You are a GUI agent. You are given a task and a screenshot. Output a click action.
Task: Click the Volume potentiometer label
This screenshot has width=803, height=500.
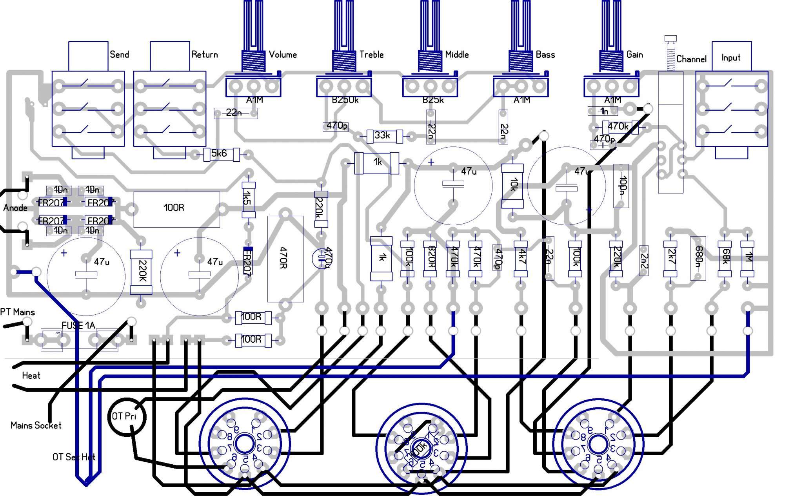[282, 55]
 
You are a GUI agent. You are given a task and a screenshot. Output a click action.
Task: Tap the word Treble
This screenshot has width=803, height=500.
[371, 55]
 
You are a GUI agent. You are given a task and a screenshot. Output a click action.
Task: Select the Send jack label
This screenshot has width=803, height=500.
[119, 55]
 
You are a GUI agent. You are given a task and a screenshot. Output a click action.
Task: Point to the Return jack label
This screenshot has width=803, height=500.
[204, 55]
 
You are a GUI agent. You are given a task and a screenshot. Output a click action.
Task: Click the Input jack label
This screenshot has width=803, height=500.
[731, 58]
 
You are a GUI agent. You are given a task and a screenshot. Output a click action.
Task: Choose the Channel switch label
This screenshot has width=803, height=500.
[691, 59]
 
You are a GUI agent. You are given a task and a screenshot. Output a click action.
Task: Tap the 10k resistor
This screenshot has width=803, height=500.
[512, 186]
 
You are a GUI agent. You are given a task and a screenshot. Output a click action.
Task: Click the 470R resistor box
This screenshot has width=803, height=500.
[285, 259]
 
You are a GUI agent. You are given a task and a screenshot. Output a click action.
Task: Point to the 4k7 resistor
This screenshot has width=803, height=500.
[521, 259]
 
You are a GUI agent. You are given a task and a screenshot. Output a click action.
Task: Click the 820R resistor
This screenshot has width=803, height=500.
[430, 259]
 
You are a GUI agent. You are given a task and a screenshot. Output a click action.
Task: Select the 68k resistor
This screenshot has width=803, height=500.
[725, 259]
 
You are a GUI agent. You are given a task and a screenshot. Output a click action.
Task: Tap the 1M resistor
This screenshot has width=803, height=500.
[747, 259]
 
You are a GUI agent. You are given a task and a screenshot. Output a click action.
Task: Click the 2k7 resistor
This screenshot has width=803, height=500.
[670, 259]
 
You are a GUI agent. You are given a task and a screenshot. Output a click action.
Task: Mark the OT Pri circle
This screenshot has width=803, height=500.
[127, 416]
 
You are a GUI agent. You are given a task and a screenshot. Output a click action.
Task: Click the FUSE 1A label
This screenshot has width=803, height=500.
[78, 325]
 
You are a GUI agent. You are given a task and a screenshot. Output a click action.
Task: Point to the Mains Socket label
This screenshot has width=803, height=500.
[36, 425]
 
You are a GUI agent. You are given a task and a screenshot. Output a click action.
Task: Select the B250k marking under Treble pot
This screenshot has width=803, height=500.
[345, 100]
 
